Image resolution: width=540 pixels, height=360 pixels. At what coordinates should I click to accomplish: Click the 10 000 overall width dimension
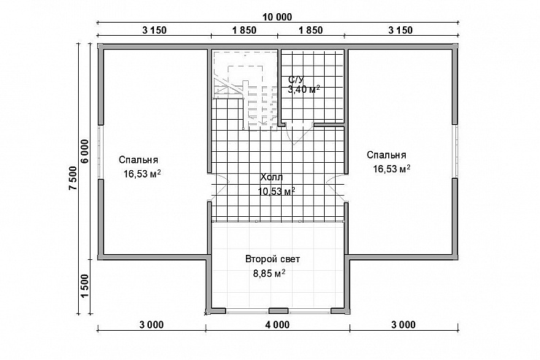[277, 17]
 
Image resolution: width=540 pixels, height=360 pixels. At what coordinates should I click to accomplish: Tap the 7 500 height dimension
[73, 178]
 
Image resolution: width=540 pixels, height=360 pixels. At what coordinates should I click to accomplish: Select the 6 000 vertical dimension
[85, 151]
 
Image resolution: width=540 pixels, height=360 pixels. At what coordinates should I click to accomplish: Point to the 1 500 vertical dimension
[85, 286]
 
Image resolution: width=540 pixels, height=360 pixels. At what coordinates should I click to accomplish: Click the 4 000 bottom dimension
[277, 324]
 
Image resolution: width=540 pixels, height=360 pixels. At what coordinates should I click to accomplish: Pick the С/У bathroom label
[296, 80]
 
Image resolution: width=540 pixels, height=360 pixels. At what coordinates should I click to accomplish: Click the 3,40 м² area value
[304, 90]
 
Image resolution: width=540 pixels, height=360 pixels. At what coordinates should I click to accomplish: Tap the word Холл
[271, 177]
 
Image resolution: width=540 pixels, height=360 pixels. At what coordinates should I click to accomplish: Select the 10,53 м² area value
[276, 191]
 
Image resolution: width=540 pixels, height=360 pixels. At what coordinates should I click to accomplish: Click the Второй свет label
[272, 259]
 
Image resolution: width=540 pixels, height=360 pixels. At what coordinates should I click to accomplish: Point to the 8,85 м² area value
[269, 274]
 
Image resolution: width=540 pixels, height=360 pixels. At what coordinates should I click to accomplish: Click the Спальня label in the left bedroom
[139, 160]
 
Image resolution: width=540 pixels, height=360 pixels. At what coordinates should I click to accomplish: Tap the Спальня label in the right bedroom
[387, 155]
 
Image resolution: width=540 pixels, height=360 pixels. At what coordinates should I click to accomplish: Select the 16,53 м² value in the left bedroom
[142, 174]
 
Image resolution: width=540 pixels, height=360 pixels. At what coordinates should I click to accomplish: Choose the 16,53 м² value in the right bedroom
[392, 169]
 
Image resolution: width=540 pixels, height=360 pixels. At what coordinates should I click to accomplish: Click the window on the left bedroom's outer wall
[100, 152]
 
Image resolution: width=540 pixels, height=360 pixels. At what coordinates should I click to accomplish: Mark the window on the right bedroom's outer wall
[455, 151]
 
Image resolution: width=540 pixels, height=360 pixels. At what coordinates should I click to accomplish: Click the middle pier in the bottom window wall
[278, 311]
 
